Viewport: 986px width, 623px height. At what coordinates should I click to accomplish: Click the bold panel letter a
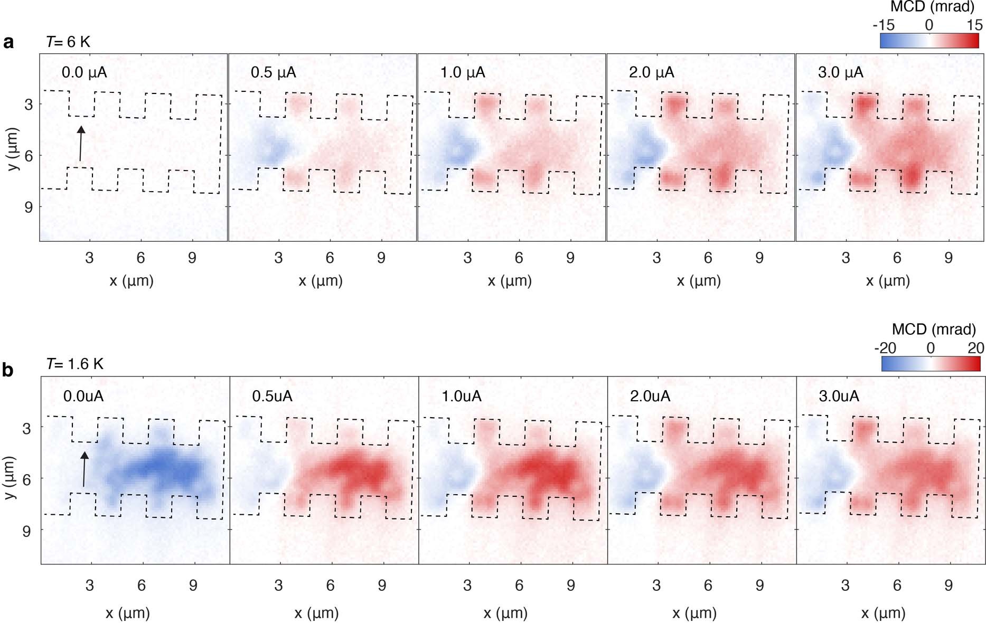(8, 42)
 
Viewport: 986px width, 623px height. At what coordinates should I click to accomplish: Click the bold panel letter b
(7, 370)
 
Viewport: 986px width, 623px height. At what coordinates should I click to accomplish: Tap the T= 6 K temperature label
(68, 42)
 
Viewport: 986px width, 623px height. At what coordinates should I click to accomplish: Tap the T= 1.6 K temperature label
(74, 364)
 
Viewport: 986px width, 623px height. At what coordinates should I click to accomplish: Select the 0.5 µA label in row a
(273, 72)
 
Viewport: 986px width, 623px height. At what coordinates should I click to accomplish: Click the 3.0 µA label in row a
(840, 72)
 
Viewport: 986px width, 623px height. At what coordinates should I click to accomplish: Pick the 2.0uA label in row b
(650, 396)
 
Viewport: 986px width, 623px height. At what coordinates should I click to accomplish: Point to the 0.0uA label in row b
(83, 396)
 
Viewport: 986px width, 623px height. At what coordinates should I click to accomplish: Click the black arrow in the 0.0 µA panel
(80, 143)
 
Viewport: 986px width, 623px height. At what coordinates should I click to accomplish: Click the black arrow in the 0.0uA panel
(84, 469)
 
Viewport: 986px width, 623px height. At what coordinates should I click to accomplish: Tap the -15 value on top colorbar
(884, 25)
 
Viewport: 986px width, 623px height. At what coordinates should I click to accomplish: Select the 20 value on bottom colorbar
(975, 348)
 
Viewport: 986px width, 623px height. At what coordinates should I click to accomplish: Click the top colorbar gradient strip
(929, 41)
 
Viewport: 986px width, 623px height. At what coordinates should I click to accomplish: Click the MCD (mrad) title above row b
(933, 329)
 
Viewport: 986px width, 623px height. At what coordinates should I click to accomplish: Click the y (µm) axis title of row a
(14, 149)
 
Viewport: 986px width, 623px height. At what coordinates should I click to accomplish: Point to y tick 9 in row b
(26, 531)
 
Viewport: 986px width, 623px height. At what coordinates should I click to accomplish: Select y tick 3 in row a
(28, 105)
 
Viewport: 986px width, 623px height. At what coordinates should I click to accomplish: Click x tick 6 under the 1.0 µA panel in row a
(519, 258)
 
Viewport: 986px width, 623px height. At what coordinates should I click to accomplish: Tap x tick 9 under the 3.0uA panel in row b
(949, 585)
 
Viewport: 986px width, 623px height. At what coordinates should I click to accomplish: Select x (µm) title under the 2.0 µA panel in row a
(698, 280)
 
